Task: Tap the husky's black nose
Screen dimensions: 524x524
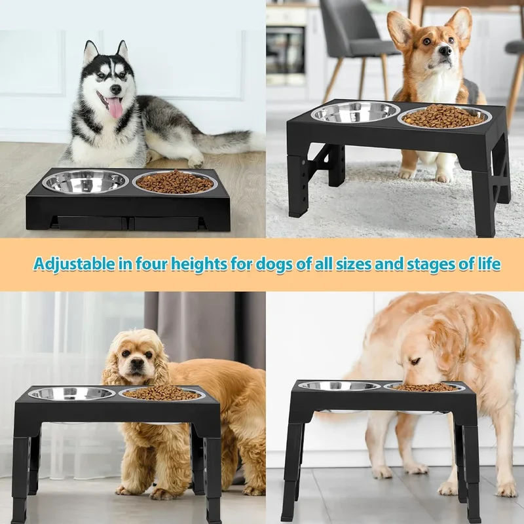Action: [116, 89]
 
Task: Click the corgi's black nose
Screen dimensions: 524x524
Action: [445, 50]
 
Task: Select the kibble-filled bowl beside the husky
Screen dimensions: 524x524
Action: [173, 182]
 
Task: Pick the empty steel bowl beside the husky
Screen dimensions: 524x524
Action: [86, 181]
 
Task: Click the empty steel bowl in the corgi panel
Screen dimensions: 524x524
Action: [355, 112]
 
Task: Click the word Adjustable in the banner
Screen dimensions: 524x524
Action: [74, 264]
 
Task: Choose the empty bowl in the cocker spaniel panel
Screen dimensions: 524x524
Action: [71, 394]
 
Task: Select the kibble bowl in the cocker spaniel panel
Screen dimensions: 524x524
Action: [162, 394]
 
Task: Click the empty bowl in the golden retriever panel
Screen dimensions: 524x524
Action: [339, 386]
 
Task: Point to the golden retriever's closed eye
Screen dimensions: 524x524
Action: [415, 362]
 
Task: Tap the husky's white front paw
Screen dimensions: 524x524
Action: [195, 162]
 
